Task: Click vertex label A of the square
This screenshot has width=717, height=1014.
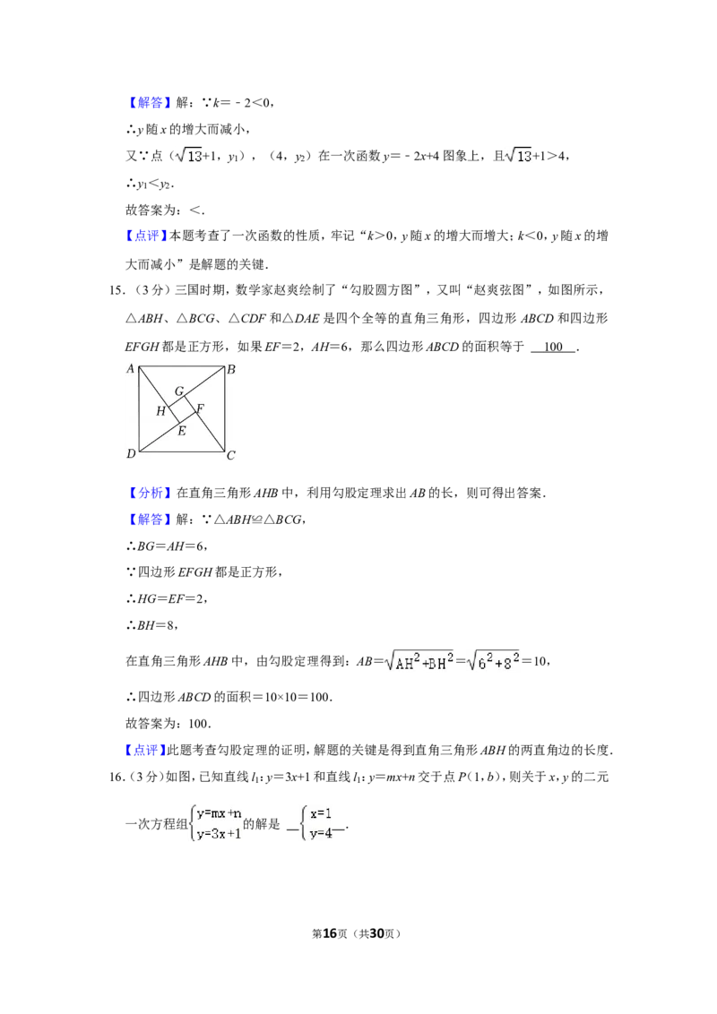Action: point(131,369)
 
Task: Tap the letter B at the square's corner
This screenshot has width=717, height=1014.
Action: point(230,369)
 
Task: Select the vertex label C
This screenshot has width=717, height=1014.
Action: point(230,456)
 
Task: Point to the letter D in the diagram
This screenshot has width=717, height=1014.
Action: point(131,454)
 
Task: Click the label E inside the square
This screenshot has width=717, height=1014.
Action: point(181,432)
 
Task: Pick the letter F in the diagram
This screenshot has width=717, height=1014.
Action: point(200,409)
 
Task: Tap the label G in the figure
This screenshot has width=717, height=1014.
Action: point(179,391)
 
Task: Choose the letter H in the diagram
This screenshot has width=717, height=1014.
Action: point(160,411)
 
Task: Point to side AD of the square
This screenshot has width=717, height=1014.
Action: point(139,408)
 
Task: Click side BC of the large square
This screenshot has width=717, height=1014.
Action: point(223,408)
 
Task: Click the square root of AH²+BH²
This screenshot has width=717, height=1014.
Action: point(419,659)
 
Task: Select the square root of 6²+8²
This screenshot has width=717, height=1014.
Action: point(494,659)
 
